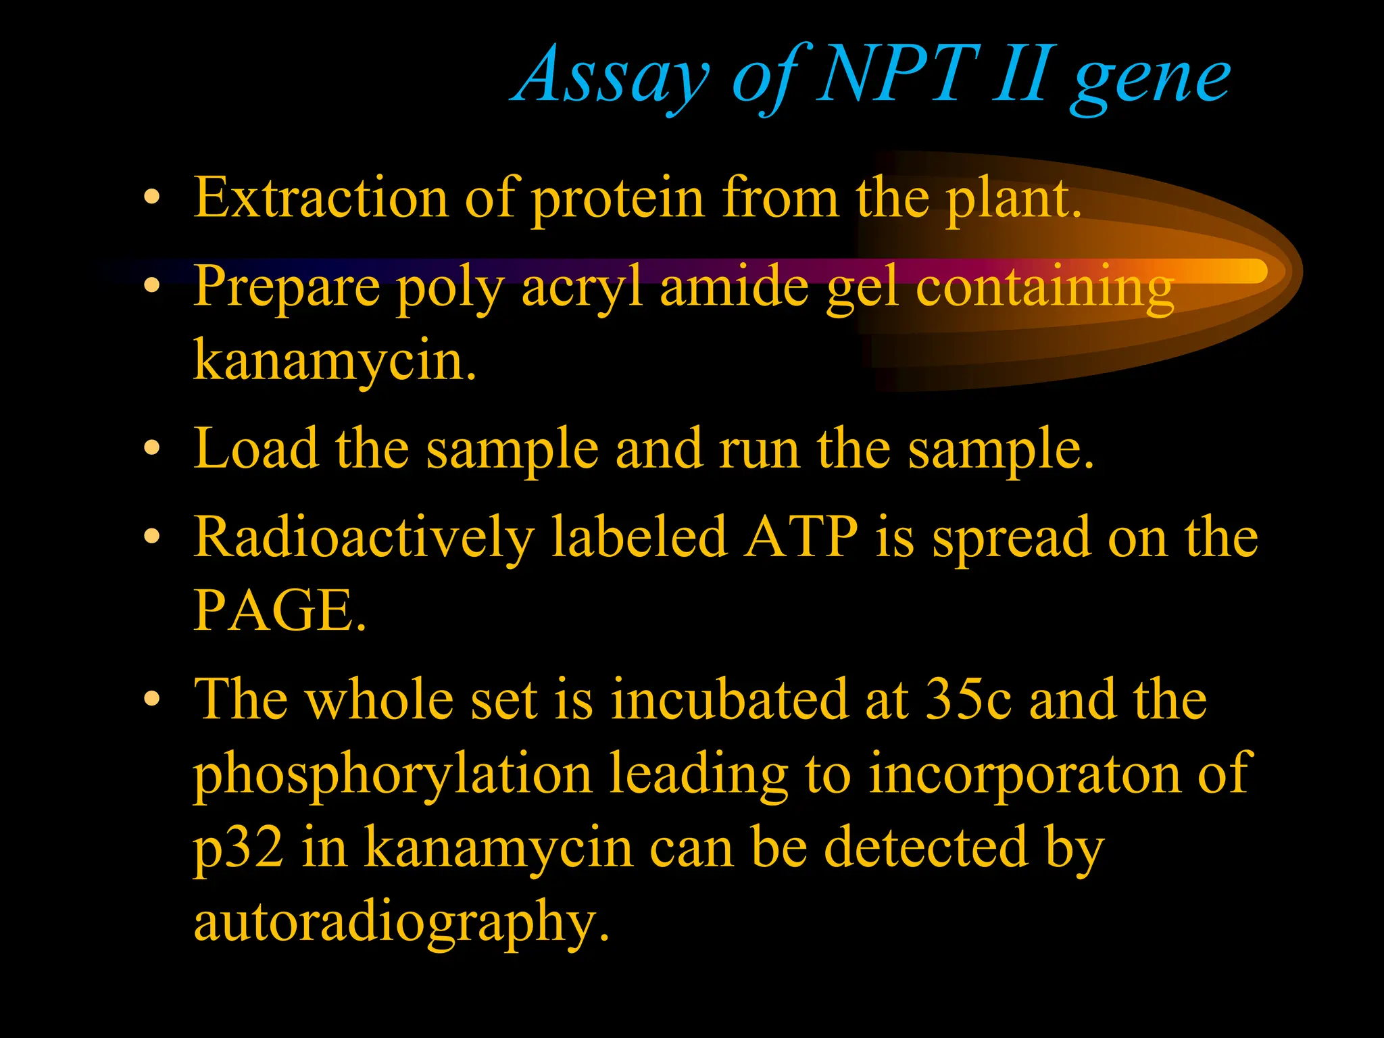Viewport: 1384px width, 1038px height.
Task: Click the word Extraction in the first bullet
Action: pos(321,197)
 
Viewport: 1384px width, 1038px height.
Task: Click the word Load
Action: pos(255,449)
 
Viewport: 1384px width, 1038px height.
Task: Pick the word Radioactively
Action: pos(364,538)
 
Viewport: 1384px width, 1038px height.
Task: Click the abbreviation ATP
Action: pos(800,537)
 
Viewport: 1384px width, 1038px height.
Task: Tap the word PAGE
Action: pos(278,610)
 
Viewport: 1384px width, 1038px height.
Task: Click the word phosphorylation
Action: pos(393,774)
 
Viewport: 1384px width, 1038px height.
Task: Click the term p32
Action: pos(238,849)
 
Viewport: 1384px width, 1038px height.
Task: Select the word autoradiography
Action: pos(400,923)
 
